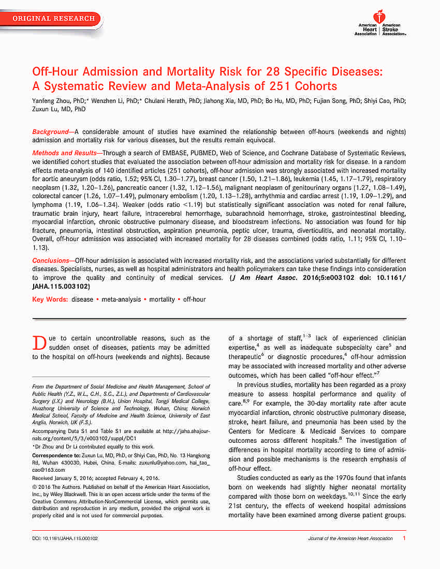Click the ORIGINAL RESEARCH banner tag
coord(53,19)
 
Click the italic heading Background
coord(50,132)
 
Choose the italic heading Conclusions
coord(51,261)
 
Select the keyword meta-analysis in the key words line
coord(122,299)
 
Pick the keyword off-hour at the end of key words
coord(194,299)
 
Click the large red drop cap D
coord(39,342)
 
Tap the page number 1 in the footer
coord(403,538)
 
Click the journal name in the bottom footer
coord(350,538)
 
